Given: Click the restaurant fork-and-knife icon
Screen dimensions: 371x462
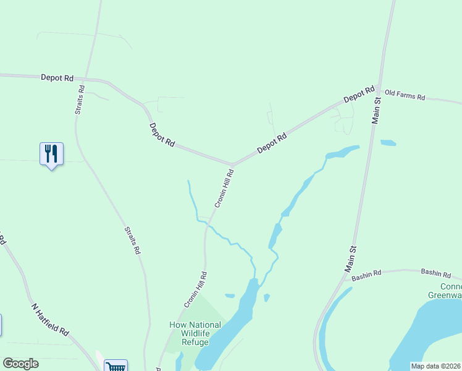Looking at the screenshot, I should tap(51, 153).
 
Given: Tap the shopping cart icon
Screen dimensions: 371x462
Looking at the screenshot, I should tap(115, 366).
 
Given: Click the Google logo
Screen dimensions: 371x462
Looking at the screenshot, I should tap(20, 364).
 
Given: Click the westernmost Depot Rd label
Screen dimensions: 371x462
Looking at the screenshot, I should tap(57, 78).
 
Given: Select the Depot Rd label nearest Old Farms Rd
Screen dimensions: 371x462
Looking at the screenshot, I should tap(359, 95).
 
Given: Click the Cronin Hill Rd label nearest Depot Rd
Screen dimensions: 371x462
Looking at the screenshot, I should tap(223, 190).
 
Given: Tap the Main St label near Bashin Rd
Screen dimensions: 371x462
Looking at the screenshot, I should tap(351, 258).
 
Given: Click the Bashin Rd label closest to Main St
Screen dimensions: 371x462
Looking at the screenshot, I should tap(367, 276).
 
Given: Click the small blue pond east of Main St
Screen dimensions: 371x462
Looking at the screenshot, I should tap(388, 143).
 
